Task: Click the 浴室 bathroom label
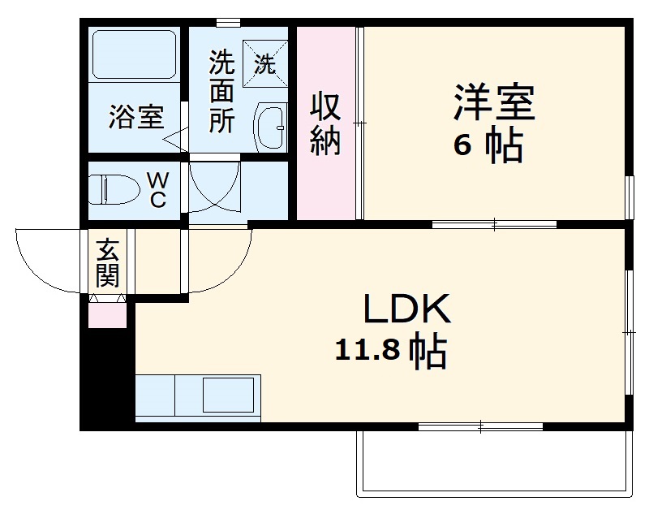click(137, 119)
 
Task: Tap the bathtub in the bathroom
click(135, 54)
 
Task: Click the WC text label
click(157, 189)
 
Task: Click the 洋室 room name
click(493, 104)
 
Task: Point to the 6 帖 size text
click(488, 146)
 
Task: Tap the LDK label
click(405, 309)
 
